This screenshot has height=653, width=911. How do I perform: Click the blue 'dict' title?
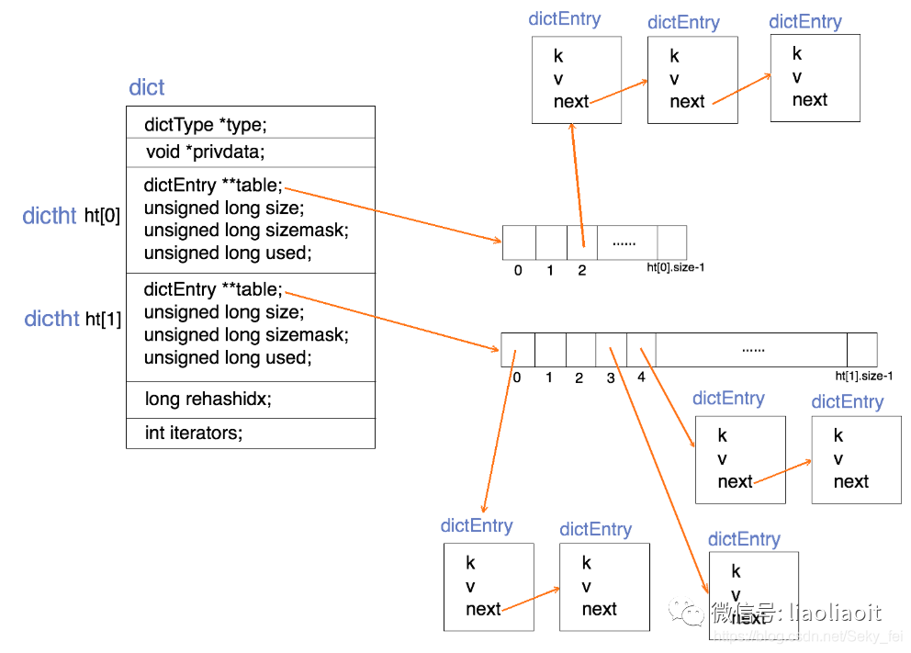[x=147, y=87]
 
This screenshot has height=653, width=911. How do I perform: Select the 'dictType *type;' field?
[x=206, y=124]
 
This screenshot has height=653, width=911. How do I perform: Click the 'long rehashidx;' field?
[x=208, y=400]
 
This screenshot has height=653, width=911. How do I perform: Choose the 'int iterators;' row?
[x=194, y=433]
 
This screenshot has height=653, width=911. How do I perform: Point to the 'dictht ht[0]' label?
[x=72, y=216]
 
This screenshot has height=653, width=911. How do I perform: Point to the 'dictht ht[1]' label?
[x=73, y=319]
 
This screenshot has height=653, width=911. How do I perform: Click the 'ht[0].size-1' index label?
[x=675, y=268]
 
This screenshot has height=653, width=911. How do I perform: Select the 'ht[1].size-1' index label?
[x=863, y=376]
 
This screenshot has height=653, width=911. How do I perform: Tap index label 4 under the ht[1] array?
[x=641, y=377]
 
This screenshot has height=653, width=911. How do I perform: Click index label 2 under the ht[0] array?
[x=582, y=270]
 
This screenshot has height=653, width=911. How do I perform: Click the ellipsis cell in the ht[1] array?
[x=752, y=350]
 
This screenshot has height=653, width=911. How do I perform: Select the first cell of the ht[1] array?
[x=518, y=350]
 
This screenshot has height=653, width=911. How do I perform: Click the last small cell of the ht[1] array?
[x=861, y=350]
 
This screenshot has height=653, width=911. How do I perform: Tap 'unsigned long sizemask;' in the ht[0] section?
[x=246, y=231]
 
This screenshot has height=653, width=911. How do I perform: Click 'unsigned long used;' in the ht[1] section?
[x=228, y=357]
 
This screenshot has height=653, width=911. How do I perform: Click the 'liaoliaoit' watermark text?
[x=836, y=613]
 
